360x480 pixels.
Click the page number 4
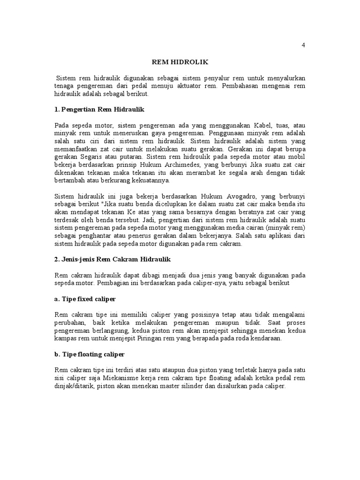tap(303, 45)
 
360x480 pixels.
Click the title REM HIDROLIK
tap(180, 61)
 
